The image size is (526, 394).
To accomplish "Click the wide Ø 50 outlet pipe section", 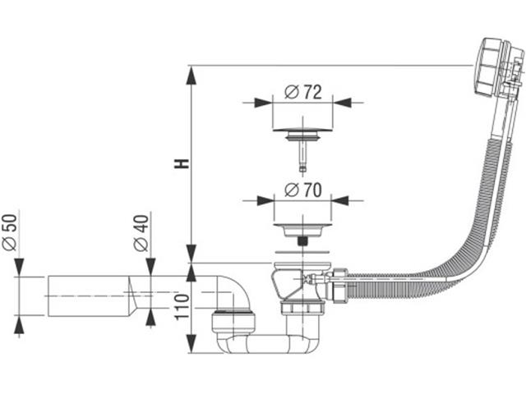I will (x=82, y=298).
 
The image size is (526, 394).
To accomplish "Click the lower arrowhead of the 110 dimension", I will (x=191, y=345).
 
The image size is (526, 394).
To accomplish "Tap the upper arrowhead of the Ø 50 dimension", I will (x=20, y=268).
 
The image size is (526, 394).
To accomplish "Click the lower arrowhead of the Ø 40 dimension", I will (x=150, y=317).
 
